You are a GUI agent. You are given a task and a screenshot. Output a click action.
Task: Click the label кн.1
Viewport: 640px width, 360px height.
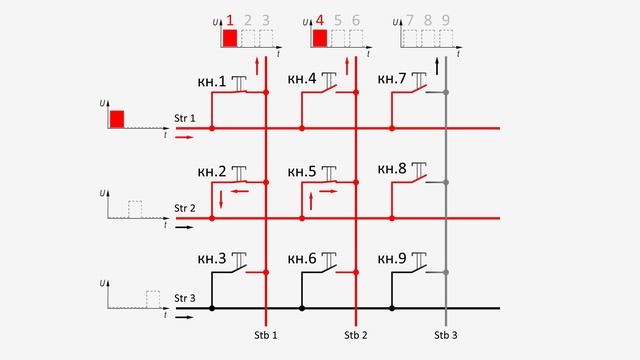click(211, 82)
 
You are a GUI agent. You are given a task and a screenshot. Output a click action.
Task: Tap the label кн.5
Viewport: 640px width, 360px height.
click(302, 172)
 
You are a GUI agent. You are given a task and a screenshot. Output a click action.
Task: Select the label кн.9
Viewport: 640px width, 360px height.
click(392, 259)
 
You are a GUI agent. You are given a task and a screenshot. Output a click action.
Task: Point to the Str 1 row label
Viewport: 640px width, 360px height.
click(184, 118)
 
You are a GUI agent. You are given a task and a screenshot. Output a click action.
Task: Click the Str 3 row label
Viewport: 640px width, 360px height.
click(184, 298)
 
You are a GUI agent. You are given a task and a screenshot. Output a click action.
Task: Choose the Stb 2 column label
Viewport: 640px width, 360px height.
click(356, 336)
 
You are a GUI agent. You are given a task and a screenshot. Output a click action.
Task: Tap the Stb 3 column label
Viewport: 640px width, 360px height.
click(446, 336)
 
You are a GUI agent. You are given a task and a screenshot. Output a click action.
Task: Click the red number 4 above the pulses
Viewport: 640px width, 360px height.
click(320, 20)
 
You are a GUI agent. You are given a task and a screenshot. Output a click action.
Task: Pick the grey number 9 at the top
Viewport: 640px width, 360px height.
click(446, 20)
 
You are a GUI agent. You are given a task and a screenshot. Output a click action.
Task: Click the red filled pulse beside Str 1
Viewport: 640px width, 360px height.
click(117, 119)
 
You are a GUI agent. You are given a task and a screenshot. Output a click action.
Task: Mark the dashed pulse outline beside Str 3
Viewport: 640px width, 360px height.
click(153, 300)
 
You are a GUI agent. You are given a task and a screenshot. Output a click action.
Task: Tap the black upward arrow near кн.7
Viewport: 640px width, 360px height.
click(437, 67)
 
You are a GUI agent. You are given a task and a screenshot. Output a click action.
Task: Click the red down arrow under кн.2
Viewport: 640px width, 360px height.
click(221, 200)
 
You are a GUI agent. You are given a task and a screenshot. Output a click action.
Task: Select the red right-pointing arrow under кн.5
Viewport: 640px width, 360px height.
click(329, 191)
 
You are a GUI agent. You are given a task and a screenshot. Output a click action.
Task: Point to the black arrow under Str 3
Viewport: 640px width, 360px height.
click(184, 317)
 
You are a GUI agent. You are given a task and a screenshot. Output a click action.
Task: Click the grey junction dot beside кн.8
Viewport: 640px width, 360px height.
click(446, 182)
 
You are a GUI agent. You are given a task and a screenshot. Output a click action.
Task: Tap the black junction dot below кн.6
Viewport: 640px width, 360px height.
click(302, 309)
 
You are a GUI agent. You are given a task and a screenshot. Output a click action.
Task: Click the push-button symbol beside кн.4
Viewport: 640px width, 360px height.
click(329, 81)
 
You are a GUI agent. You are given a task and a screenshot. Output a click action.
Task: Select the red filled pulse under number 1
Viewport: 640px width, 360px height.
click(230, 38)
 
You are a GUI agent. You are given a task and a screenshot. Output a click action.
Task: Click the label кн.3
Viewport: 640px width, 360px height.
click(211, 259)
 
